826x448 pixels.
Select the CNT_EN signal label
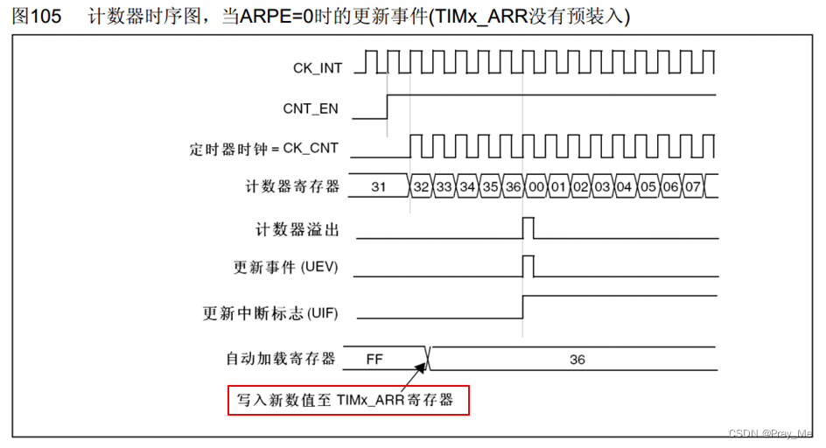pyautogui.click(x=311, y=109)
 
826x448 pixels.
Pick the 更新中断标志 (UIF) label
pyautogui.click(x=270, y=312)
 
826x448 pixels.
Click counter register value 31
pyautogui.click(x=378, y=187)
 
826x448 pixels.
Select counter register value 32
pyautogui.click(x=422, y=187)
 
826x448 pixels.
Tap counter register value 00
pyautogui.click(x=536, y=187)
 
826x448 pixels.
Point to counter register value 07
pyautogui.click(x=693, y=187)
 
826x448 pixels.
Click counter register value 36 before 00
pyautogui.click(x=514, y=187)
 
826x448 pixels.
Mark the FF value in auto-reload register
pyautogui.click(x=374, y=360)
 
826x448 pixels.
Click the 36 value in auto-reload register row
pyautogui.click(x=577, y=360)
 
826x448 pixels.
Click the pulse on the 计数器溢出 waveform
pyautogui.click(x=528, y=227)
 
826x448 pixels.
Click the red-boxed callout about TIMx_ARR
pyautogui.click(x=348, y=401)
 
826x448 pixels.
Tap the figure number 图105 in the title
pyautogui.click(x=37, y=17)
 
